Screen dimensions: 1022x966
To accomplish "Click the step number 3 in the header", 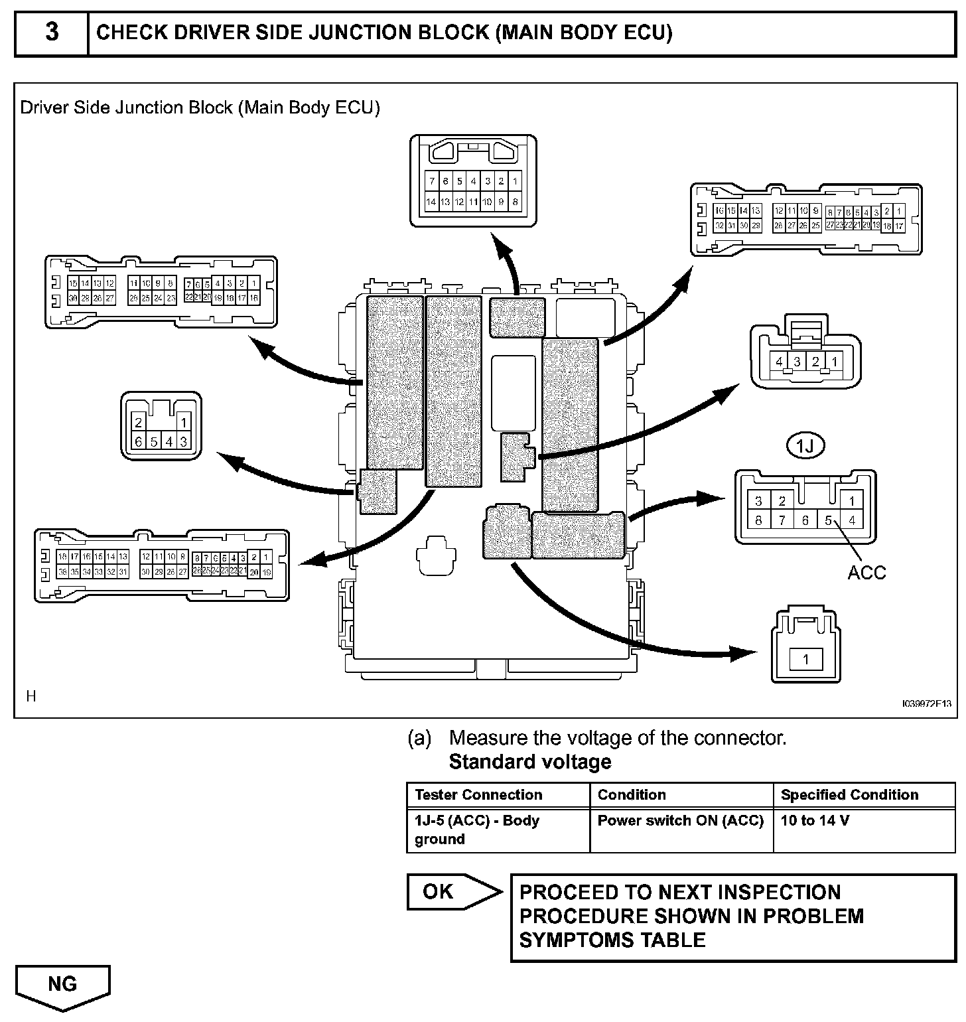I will pyautogui.click(x=51, y=33).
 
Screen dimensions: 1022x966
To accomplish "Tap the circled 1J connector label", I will pyautogui.click(x=805, y=447).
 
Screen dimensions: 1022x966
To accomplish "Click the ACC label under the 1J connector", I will pyautogui.click(x=866, y=572).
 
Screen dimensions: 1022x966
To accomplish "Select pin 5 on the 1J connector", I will pyautogui.click(x=828, y=520).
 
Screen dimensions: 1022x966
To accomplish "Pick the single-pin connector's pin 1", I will pyautogui.click(x=805, y=659).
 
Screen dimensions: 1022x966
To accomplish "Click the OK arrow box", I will pyautogui.click(x=451, y=892).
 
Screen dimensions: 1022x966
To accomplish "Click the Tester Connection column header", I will pyautogui.click(x=478, y=795).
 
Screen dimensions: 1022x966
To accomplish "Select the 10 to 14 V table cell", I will pyautogui.click(x=815, y=821).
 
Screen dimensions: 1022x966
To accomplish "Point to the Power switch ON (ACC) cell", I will pyautogui.click(x=681, y=821).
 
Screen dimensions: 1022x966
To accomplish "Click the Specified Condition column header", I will pyautogui.click(x=849, y=795).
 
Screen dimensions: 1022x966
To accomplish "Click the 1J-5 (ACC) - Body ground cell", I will pyautogui.click(x=478, y=830).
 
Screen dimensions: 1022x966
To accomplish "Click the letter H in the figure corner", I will pyautogui.click(x=31, y=696).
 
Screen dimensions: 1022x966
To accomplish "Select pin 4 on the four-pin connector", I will pyautogui.click(x=780, y=362).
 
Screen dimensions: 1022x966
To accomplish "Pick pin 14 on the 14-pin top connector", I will pyautogui.click(x=431, y=202).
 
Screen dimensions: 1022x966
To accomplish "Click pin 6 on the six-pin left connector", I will pyautogui.click(x=139, y=441).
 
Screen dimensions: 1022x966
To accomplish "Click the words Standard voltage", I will pyautogui.click(x=530, y=762).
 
